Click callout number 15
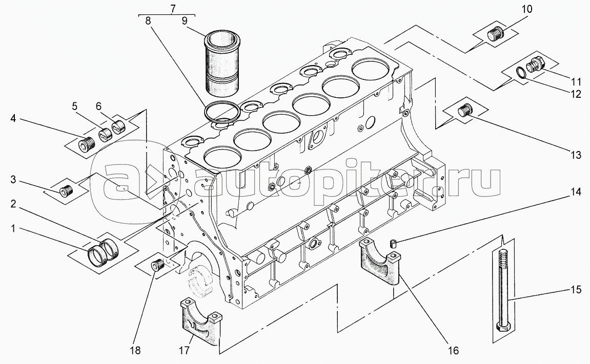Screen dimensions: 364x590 (x=576, y=290)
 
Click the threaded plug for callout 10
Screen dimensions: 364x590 (x=495, y=34)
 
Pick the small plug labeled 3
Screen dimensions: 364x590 (x=66, y=192)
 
